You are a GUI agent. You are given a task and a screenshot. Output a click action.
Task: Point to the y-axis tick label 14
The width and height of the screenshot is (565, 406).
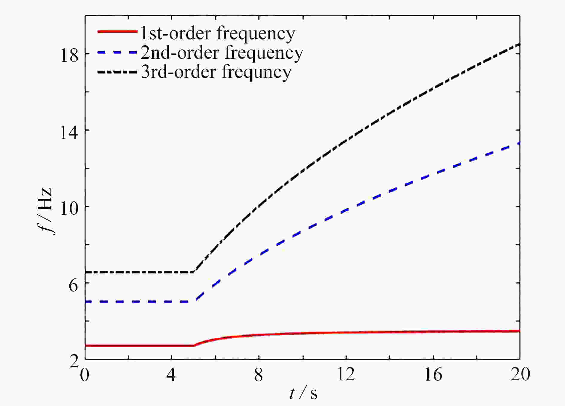click(69, 132)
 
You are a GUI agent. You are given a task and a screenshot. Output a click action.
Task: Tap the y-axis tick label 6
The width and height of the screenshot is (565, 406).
click(74, 285)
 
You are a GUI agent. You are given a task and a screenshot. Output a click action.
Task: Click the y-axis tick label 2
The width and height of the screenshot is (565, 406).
click(74, 361)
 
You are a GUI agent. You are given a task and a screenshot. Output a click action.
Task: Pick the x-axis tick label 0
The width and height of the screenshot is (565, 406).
click(85, 375)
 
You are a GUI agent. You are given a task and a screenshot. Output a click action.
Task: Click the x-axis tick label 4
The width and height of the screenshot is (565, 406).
click(171, 375)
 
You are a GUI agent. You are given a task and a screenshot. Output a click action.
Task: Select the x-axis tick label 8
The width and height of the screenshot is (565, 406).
click(259, 375)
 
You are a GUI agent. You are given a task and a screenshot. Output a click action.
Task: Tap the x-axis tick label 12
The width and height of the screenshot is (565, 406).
click(346, 375)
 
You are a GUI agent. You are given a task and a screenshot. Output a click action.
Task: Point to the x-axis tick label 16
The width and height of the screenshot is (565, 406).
click(433, 375)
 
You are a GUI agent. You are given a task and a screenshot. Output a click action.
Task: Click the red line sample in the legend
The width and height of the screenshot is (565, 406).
click(117, 31)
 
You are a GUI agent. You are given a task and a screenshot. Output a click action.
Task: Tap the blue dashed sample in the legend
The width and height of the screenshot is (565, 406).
click(117, 52)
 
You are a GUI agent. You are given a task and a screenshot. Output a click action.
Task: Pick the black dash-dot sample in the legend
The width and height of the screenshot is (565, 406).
click(117, 72)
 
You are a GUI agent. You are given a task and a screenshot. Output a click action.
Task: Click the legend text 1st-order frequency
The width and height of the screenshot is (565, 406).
click(218, 33)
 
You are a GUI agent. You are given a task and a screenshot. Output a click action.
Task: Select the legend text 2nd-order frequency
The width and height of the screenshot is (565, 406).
click(222, 53)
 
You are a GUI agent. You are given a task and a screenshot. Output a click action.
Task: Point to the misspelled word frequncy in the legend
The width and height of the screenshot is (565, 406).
click(256, 73)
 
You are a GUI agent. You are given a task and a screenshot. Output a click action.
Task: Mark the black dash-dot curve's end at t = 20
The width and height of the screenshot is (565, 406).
click(520, 45)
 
